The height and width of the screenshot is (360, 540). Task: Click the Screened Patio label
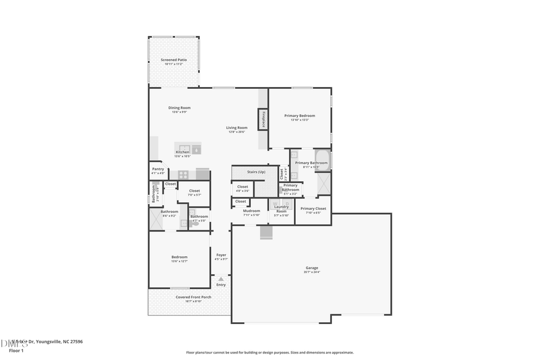click(x=173, y=60)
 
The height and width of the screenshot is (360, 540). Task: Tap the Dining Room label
click(x=179, y=107)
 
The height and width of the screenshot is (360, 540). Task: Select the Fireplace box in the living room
click(x=263, y=119)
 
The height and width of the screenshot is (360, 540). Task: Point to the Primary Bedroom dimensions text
click(x=299, y=120)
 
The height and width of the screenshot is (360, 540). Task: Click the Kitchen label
click(x=182, y=152)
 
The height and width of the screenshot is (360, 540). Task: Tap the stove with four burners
click(x=184, y=175)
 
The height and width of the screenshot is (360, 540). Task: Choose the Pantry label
click(x=158, y=169)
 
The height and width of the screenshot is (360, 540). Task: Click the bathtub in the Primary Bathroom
click(x=322, y=161)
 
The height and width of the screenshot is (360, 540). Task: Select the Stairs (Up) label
click(x=256, y=172)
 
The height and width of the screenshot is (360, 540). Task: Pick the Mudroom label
click(x=251, y=211)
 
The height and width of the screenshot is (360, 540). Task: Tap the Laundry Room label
click(x=281, y=209)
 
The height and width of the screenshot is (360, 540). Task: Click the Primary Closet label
click(x=313, y=208)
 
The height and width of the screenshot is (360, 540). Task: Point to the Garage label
click(x=312, y=268)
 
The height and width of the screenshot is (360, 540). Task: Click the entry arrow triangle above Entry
click(x=221, y=279)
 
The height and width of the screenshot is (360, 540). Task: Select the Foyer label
click(x=221, y=255)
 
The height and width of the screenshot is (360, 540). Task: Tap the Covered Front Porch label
click(x=193, y=297)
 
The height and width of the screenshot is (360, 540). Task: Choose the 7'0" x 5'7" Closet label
click(x=194, y=191)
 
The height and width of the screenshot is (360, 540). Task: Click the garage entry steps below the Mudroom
click(x=266, y=233)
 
